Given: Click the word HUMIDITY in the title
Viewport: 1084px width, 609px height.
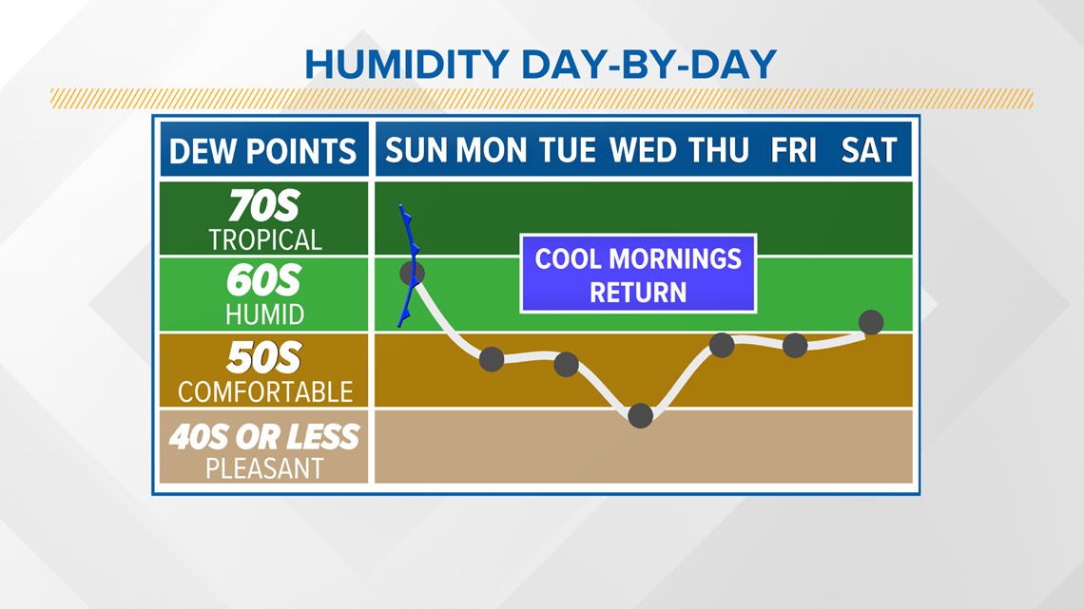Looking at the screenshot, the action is [407, 65].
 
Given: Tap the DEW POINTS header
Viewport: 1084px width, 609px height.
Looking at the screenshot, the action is [262, 151].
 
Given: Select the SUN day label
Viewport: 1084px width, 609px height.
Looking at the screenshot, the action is [416, 150].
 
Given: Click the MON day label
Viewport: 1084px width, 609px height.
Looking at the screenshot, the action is [492, 150].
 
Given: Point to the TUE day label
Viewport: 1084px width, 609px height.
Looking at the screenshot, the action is [567, 150].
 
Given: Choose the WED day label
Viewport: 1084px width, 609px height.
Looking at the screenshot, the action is [643, 150].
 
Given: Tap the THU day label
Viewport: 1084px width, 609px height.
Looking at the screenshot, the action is [719, 150].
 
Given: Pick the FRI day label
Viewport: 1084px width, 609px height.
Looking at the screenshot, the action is [794, 150].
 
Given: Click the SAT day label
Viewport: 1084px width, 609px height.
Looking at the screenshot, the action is [869, 150].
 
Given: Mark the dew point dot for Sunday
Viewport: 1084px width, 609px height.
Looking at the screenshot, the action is [413, 273].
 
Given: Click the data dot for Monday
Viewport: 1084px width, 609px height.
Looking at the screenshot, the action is [492, 359].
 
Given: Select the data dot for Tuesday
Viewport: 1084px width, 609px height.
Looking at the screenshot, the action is [566, 364].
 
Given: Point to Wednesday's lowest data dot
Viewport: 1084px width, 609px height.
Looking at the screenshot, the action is [641, 416].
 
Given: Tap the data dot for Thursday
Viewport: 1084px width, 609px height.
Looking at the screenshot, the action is [722, 345].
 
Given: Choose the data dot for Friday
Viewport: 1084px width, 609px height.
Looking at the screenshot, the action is [795, 345].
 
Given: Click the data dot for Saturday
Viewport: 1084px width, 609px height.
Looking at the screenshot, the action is [871, 322].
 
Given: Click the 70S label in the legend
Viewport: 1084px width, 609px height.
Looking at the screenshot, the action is [264, 206].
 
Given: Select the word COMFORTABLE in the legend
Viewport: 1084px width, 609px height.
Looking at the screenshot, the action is [265, 392].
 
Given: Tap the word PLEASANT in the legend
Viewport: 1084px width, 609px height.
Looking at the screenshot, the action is [264, 468].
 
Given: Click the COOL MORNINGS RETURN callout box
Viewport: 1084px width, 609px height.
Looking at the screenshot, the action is [638, 275].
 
